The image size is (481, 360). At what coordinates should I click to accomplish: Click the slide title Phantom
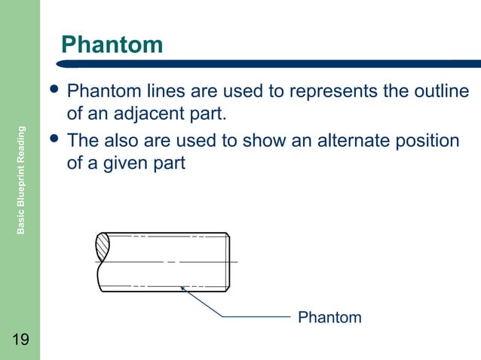112,45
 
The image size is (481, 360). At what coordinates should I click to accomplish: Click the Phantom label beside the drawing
329,317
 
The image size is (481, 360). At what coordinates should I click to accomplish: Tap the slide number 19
20,340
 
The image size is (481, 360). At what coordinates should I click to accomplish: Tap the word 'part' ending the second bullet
169,163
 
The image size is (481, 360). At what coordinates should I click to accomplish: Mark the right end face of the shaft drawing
228,261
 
